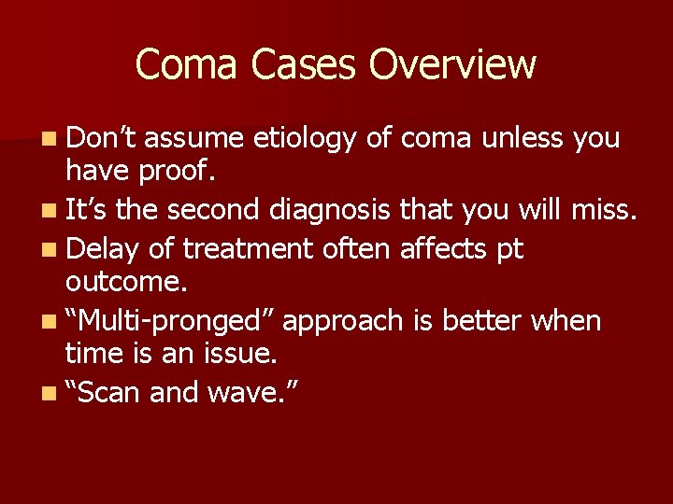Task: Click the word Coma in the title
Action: pyautogui.click(x=181, y=64)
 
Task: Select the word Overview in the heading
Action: pyautogui.click(x=452, y=64)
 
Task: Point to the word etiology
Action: pyautogui.click(x=308, y=139)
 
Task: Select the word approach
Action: pyautogui.click(x=343, y=322)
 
